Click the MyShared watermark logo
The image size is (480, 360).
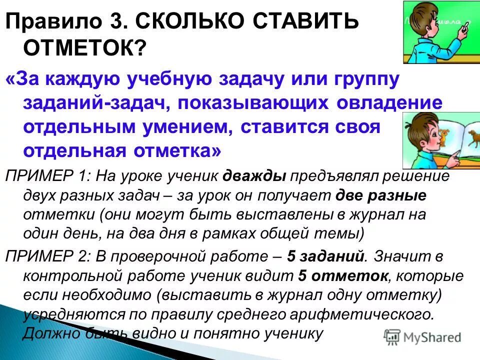pos(422,336)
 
